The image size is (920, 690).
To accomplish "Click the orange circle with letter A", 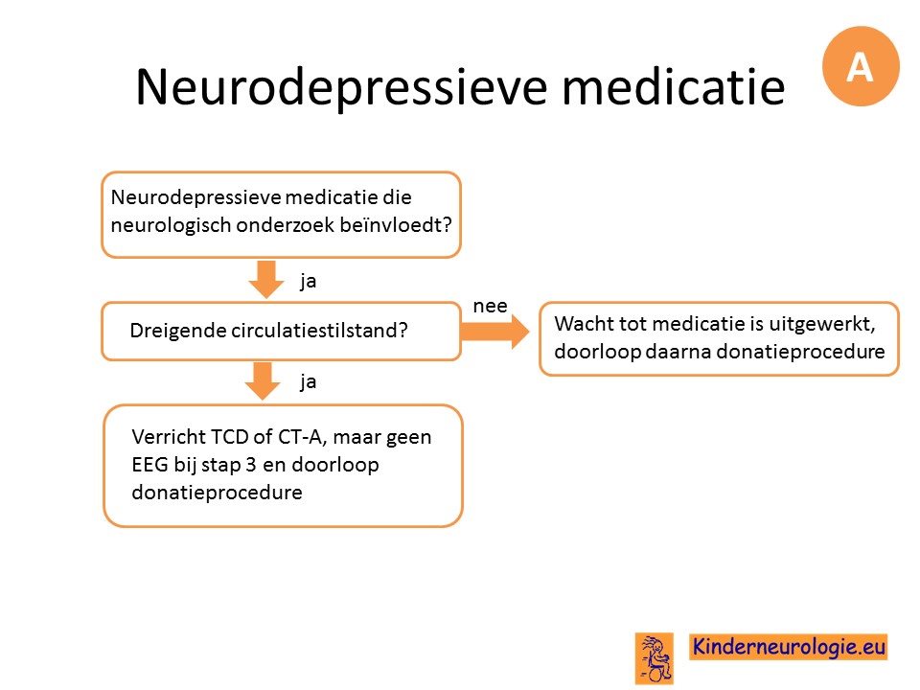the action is point(861,66).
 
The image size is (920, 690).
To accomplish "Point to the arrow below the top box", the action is point(266,279).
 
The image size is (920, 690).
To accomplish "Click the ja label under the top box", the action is point(308,282).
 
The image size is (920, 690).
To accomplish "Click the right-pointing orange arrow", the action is point(494,332).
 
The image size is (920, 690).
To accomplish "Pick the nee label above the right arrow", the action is point(490,307).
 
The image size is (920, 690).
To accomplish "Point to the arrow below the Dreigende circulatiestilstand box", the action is point(263,380).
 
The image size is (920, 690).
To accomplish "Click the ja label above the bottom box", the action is point(308,382).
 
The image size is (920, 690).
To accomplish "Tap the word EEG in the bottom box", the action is point(149,465).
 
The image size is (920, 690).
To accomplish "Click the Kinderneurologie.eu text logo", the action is point(789,647).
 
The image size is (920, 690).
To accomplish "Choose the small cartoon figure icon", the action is point(655,658).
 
